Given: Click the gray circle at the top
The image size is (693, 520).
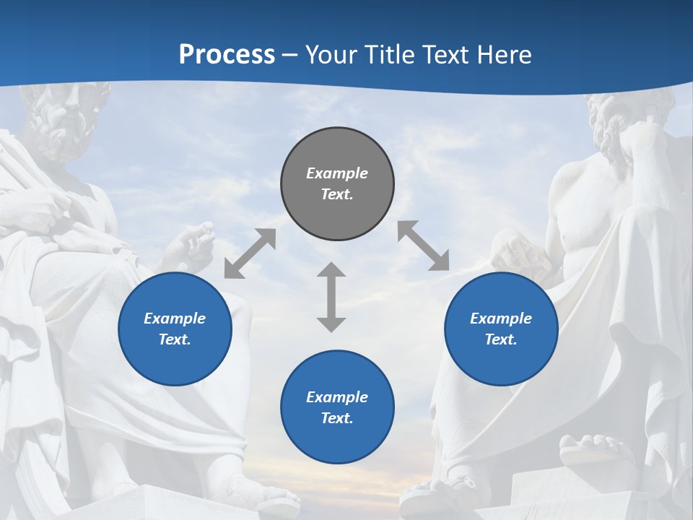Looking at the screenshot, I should click(337, 184).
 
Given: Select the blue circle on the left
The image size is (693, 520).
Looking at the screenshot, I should click(175, 329).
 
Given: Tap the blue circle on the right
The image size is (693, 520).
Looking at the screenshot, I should click(501, 329).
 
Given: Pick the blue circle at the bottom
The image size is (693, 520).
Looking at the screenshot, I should click(337, 407).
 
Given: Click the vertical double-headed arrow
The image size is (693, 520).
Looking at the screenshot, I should click(331, 297).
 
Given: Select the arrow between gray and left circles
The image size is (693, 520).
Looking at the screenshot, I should click(250, 253).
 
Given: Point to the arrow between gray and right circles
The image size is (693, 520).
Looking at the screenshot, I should click(424, 246).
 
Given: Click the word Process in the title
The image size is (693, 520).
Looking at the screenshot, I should click(227, 54).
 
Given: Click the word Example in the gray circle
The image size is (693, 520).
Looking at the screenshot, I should click(337, 173).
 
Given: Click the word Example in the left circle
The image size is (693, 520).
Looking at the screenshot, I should click(175, 318).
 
